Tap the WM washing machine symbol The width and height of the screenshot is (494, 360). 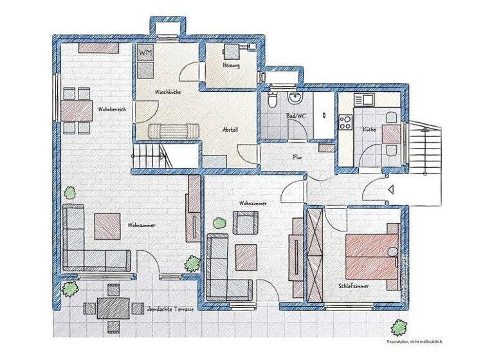point(145,52)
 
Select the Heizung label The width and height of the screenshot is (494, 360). point(231,66)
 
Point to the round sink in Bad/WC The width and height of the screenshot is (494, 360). point(295,98)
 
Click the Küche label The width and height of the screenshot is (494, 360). point(369,129)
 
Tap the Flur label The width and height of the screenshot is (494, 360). point(298,156)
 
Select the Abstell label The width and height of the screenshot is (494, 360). point(230,129)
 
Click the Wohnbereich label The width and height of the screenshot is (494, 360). point(112,109)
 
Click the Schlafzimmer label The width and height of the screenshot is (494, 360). point(353,286)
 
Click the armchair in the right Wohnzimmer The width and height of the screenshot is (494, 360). point(244,222)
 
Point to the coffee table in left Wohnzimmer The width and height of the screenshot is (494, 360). point(107,226)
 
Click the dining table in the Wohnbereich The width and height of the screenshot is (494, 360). point(76,111)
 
